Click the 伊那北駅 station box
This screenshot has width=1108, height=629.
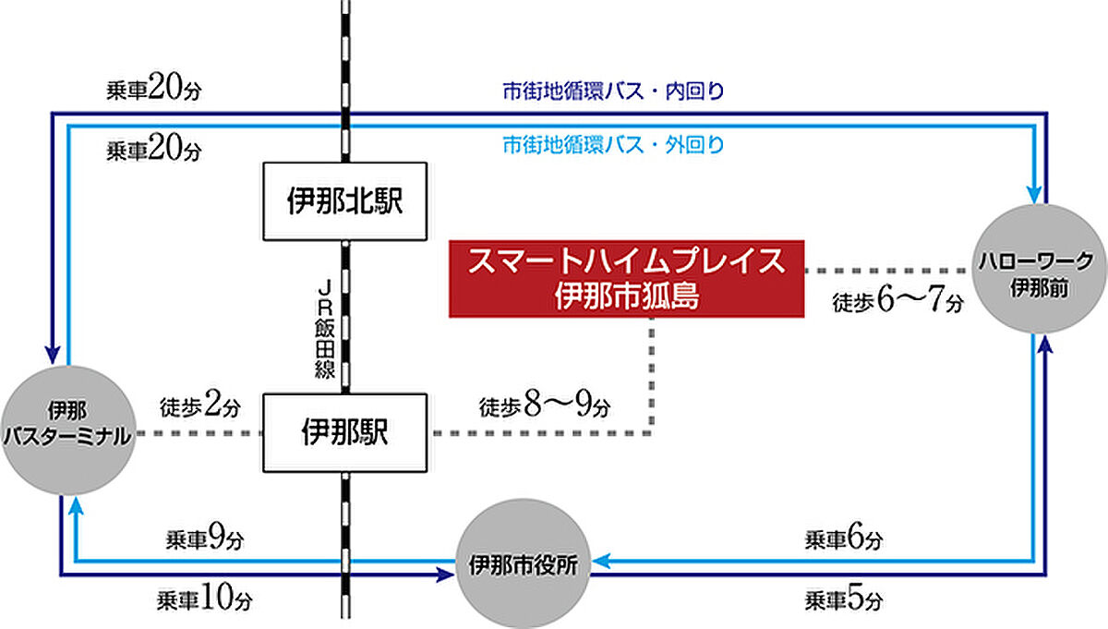[x=345, y=202]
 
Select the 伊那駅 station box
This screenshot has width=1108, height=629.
[x=345, y=431]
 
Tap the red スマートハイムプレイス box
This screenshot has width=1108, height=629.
[x=626, y=278]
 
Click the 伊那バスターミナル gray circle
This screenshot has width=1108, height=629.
[x=69, y=431]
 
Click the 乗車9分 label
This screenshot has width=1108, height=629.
[x=205, y=538]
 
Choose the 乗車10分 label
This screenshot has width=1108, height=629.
[x=205, y=600]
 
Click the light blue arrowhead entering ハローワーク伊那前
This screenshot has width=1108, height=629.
[x=1034, y=195]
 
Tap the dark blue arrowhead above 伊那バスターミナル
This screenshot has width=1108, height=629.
[x=54, y=356]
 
